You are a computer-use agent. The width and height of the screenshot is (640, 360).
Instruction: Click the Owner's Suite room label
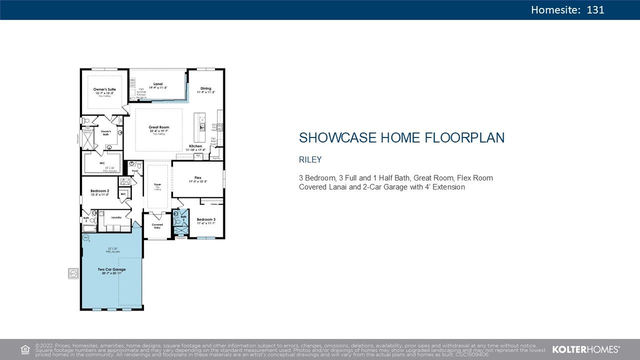coord(104,89)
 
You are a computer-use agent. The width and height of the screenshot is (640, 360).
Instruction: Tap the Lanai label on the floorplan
coord(158,84)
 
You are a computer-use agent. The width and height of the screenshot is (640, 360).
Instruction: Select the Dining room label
coord(205,89)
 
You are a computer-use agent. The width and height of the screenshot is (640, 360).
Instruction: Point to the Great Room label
coord(159,127)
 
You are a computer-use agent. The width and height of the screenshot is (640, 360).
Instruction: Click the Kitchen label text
coord(195,146)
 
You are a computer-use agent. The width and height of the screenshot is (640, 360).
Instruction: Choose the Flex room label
coord(198,177)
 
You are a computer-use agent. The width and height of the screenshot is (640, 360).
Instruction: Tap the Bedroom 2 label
coord(99,191)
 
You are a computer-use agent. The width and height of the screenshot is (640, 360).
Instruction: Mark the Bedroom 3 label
coord(205,219)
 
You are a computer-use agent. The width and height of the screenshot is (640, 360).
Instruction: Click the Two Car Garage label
coord(111,269)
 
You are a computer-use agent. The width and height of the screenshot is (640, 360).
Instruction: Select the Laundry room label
coord(116,217)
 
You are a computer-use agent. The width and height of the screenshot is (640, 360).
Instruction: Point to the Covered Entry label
coord(157,226)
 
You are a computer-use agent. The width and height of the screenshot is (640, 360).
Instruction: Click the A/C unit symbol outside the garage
coord(73,273)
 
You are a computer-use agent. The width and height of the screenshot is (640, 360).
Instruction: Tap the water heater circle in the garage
coord(86,238)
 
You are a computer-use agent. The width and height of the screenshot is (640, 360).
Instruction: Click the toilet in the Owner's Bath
coord(86,121)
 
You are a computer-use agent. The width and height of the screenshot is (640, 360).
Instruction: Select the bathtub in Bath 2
coord(89,228)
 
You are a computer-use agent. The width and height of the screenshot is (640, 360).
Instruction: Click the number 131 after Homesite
coord(595,9)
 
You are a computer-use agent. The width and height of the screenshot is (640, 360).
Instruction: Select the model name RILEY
coord(310,160)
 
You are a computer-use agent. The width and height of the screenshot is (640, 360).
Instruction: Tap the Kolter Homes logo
coord(585,349)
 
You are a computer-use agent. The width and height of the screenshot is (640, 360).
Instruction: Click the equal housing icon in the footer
coord(24,349)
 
